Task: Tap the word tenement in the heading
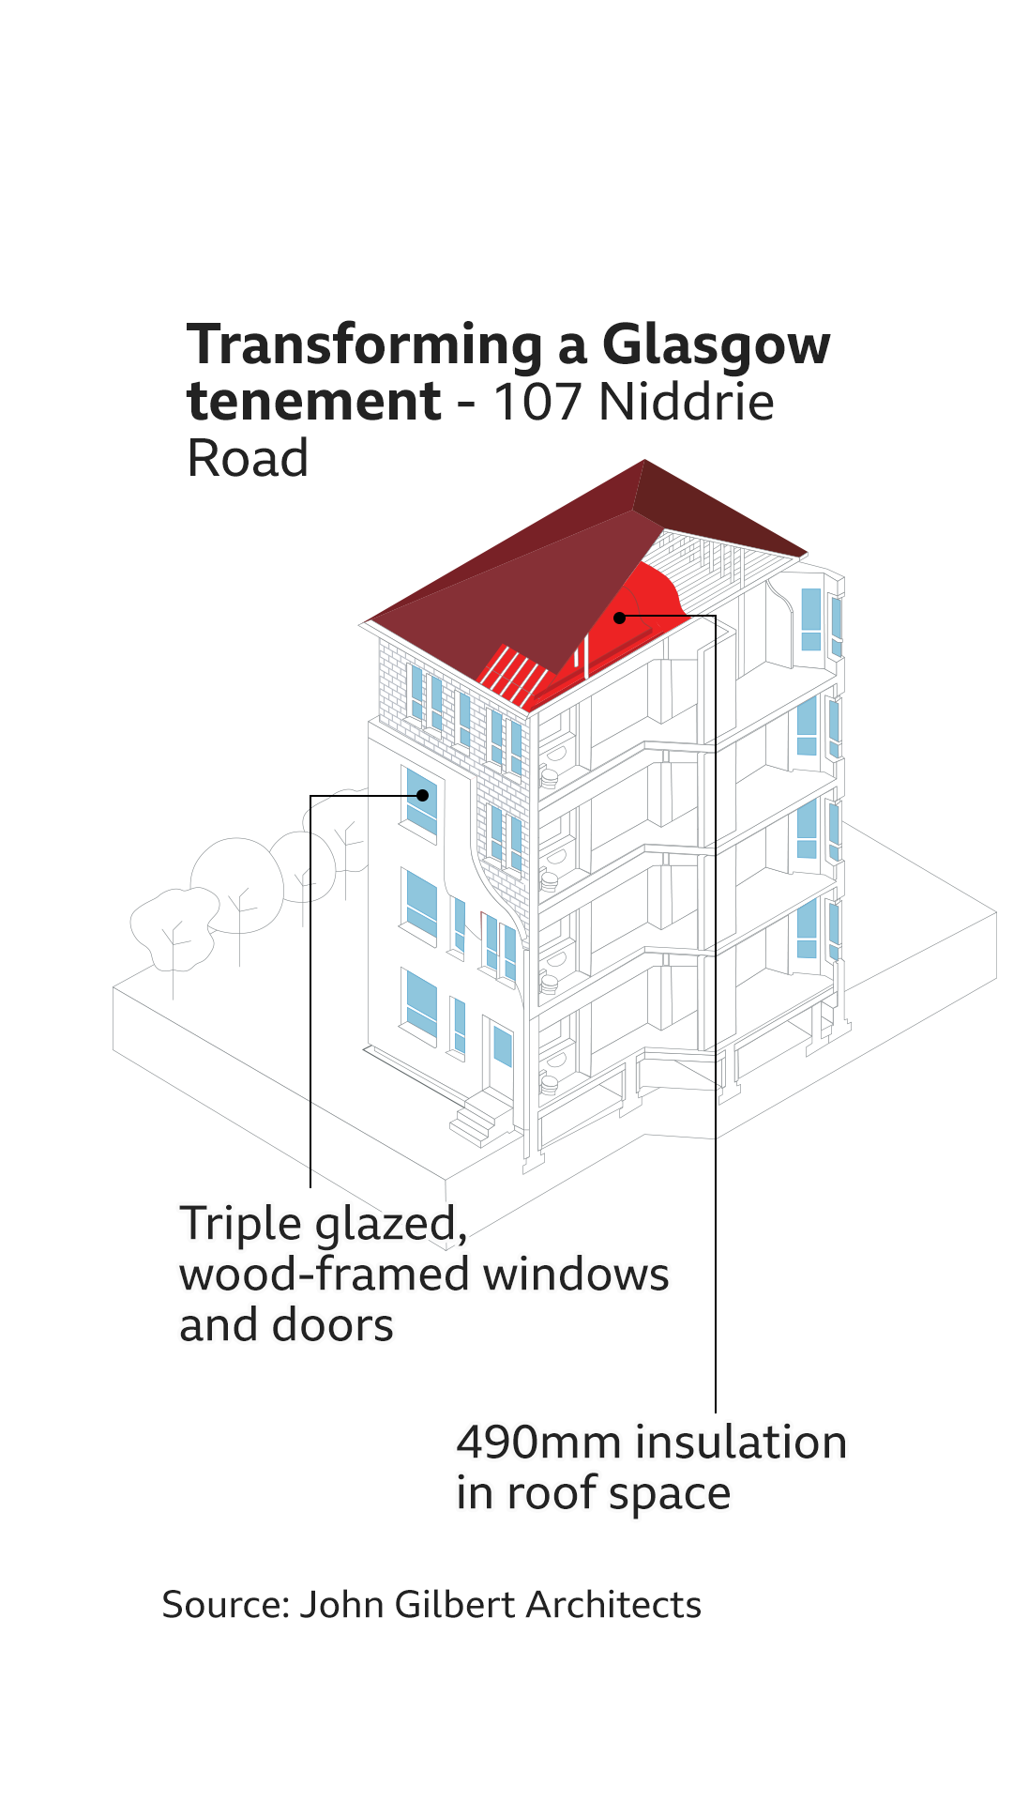[313, 402]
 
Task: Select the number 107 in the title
[539, 402]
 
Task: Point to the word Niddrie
[686, 402]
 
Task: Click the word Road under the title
[248, 459]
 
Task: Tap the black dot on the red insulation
[619, 618]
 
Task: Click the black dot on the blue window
[423, 795]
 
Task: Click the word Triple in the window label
[241, 1226]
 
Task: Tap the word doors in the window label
[333, 1326]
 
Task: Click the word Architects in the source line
[613, 1605]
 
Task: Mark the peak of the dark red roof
[644, 460]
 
